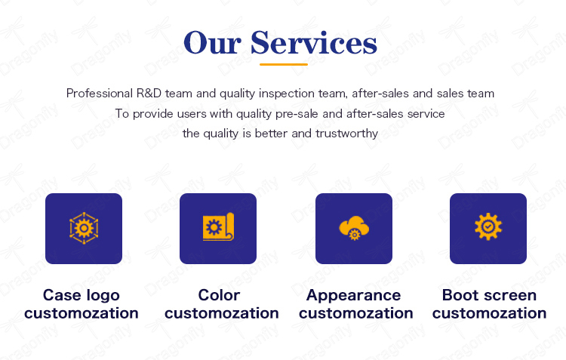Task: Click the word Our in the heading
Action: (212, 43)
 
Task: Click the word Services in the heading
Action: (314, 43)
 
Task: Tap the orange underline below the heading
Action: (283, 64)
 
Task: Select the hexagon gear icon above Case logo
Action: (84, 228)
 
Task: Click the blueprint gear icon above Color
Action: (218, 226)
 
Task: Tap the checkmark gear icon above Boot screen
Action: (488, 226)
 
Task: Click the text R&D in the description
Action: (149, 93)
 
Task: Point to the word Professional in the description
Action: (100, 93)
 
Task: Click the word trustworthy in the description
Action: (346, 134)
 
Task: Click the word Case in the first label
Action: (62, 295)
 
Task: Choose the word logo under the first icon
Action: (103, 296)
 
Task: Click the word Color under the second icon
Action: (219, 295)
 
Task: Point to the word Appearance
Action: (354, 296)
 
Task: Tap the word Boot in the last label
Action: (460, 295)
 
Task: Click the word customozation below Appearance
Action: (356, 313)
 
